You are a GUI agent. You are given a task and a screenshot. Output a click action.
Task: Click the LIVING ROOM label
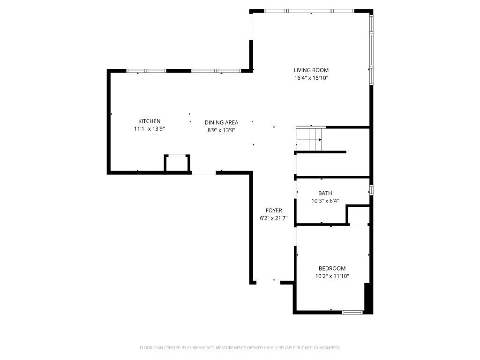coord(311,70)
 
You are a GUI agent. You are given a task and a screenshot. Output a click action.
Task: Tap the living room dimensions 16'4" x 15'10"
coord(311,78)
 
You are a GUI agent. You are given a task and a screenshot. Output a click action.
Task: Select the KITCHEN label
coord(149,121)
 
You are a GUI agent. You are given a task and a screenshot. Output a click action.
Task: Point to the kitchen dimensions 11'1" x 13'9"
coord(149,129)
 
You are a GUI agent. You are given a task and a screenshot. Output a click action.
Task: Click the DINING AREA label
coord(222,122)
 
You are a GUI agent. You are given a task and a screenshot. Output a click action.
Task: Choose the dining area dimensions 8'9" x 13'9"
coord(222,130)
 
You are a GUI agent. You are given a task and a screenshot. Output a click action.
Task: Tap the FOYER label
coord(274,210)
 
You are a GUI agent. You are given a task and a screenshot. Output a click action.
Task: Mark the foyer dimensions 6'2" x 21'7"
coord(274,218)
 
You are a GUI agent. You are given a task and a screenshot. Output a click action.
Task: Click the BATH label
coord(325,193)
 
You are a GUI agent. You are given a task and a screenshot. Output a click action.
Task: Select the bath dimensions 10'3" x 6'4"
coord(325,201)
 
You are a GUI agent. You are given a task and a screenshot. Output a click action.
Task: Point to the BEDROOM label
coord(332,269)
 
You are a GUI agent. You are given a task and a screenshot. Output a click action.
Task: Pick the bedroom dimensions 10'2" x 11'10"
coord(332,277)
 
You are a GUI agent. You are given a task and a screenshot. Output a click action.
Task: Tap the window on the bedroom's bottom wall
coord(352,312)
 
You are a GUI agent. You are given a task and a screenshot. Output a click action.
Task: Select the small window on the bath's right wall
coord(371,190)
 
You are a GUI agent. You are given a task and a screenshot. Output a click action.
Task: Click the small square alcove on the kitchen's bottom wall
coord(177,164)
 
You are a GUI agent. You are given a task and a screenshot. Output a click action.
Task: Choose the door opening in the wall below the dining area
coord(204,173)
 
